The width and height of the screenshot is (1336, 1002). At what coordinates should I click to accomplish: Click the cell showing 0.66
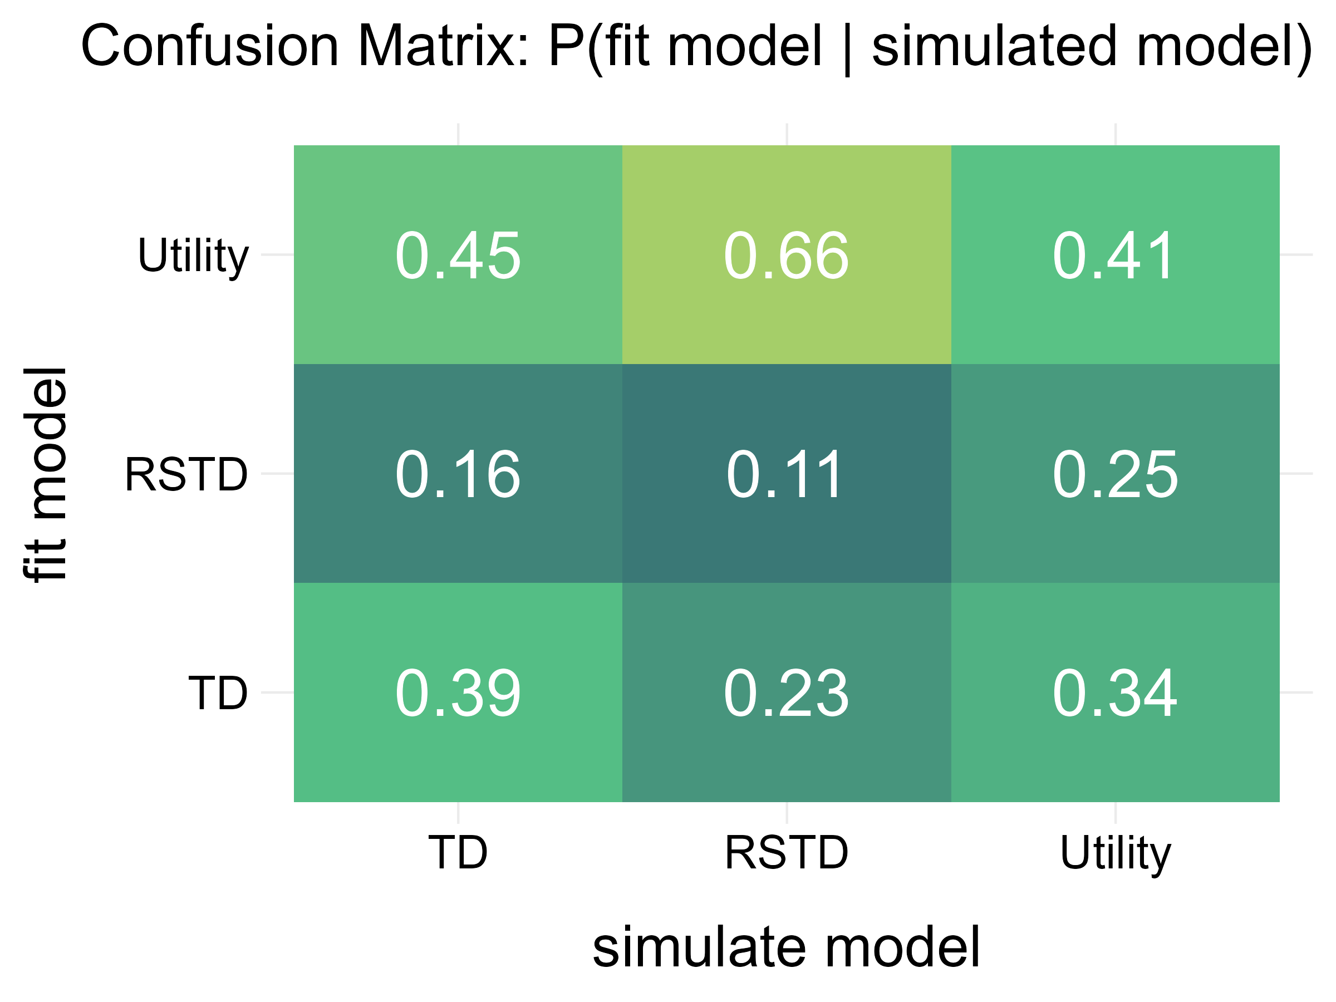click(x=787, y=255)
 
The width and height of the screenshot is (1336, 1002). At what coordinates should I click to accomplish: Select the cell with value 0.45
click(x=458, y=255)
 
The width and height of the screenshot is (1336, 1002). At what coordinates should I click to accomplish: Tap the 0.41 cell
click(x=1115, y=255)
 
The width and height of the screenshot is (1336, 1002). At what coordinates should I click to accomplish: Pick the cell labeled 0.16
click(x=458, y=474)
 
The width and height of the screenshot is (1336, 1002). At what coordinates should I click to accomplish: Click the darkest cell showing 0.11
click(x=787, y=474)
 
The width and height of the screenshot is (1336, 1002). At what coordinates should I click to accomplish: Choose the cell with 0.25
click(x=1115, y=474)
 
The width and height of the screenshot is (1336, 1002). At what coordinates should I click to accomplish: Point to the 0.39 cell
click(x=458, y=692)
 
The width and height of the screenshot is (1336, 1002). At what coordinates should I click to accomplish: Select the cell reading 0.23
click(x=787, y=692)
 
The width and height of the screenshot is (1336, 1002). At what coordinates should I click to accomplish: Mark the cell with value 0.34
click(x=1115, y=692)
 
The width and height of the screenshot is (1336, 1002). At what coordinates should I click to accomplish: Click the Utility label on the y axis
click(x=193, y=256)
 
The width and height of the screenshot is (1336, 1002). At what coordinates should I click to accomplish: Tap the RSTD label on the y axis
click(x=186, y=475)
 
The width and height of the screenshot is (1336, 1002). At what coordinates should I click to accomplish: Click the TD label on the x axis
click(x=458, y=852)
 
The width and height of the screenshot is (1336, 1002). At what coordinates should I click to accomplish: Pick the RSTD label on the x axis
click(x=787, y=852)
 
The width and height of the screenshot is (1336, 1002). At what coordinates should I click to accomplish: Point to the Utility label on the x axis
click(x=1115, y=853)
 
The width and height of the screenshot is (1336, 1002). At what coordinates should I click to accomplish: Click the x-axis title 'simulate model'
click(x=787, y=947)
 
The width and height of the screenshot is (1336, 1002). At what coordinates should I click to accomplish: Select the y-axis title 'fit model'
click(x=45, y=474)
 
